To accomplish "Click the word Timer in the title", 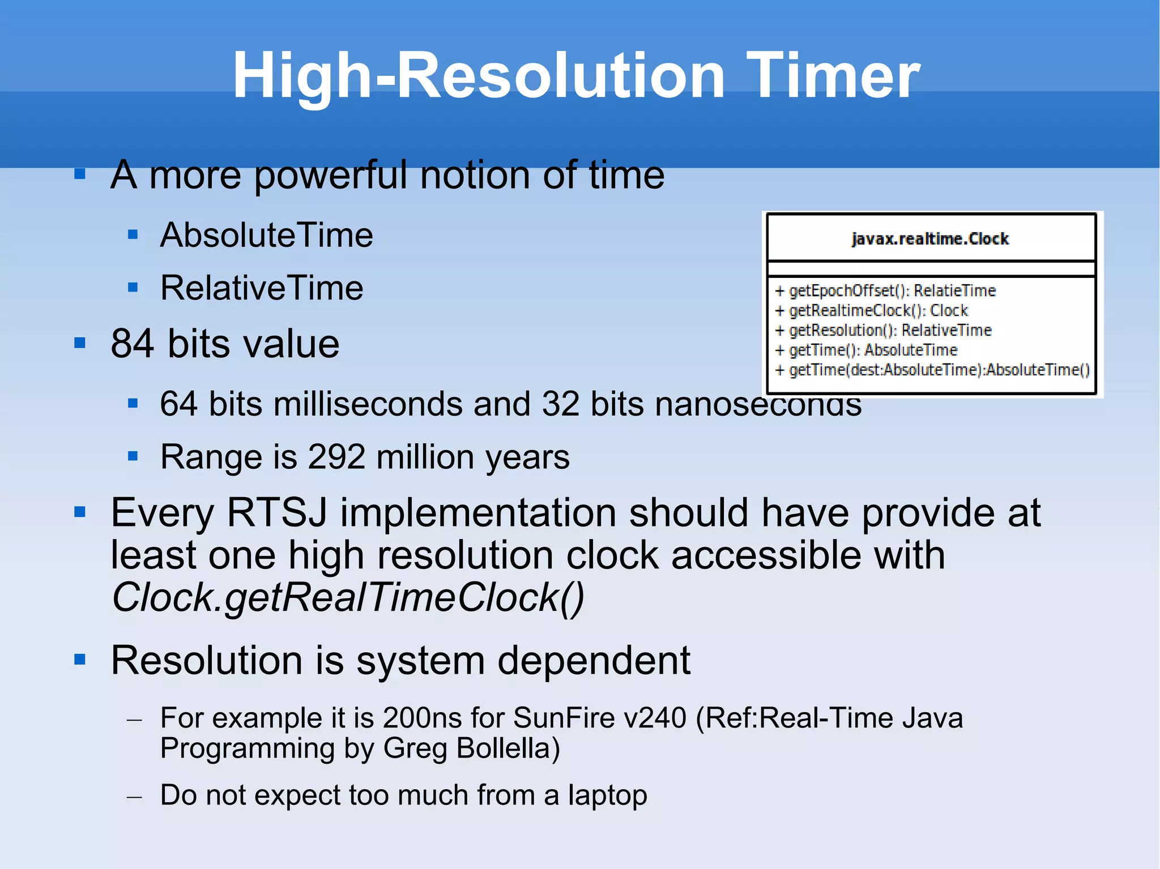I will coord(833,75).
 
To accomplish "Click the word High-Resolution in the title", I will coord(479,75).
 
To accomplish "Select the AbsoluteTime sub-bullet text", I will coord(266,235).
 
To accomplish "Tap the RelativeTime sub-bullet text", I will coord(262,288).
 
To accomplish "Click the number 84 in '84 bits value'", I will coord(132,344).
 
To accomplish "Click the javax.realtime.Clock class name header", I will coord(930,239).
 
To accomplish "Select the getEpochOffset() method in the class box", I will coord(850,291).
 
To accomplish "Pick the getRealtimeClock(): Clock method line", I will coord(878,311).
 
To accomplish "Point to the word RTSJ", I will coord(276,513).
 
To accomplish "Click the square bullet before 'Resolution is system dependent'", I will coord(80,660).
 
